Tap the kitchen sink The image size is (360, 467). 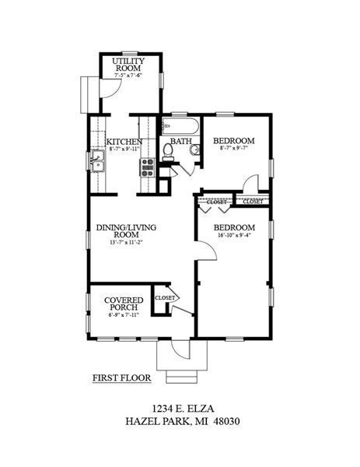(97, 162)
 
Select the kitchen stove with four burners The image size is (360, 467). (146, 164)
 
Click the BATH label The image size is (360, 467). (181, 142)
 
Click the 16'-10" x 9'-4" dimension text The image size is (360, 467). (234, 237)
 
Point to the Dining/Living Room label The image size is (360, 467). (121, 232)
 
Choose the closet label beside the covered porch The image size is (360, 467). (164, 298)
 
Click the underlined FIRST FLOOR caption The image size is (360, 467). (121, 379)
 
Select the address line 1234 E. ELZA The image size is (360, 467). (180, 406)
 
